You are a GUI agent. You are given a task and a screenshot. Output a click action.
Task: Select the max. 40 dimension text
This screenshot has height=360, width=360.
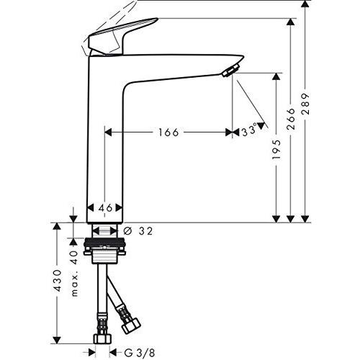[x=73, y=267]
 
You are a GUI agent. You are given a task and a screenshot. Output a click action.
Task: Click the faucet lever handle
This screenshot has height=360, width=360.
[x=119, y=36]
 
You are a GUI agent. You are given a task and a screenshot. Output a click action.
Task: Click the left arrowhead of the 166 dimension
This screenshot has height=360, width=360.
[x=109, y=132]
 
